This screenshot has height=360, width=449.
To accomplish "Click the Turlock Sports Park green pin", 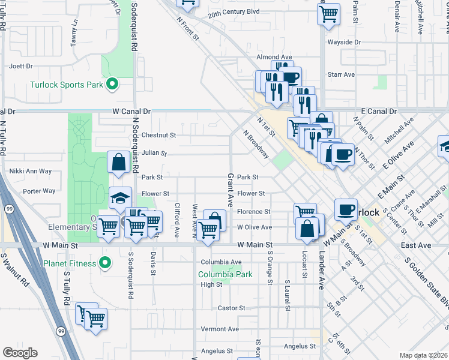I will (111, 85).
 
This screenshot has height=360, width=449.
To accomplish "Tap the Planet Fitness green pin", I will (104, 263).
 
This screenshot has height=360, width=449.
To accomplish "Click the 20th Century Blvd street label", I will (234, 11).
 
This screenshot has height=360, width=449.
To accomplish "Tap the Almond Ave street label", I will (274, 57).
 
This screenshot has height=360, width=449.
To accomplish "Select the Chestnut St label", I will (158, 136).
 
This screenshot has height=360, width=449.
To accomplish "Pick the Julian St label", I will (154, 153).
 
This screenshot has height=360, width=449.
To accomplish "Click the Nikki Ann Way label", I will (31, 171).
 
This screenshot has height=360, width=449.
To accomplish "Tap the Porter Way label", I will (38, 191).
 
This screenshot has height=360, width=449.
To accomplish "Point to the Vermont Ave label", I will (220, 329).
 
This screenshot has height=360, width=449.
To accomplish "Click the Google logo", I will (20, 353).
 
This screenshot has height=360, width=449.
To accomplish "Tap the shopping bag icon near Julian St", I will (119, 161).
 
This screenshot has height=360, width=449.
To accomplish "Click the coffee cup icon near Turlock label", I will (346, 209).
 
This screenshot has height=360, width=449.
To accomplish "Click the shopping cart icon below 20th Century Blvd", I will (328, 13).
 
